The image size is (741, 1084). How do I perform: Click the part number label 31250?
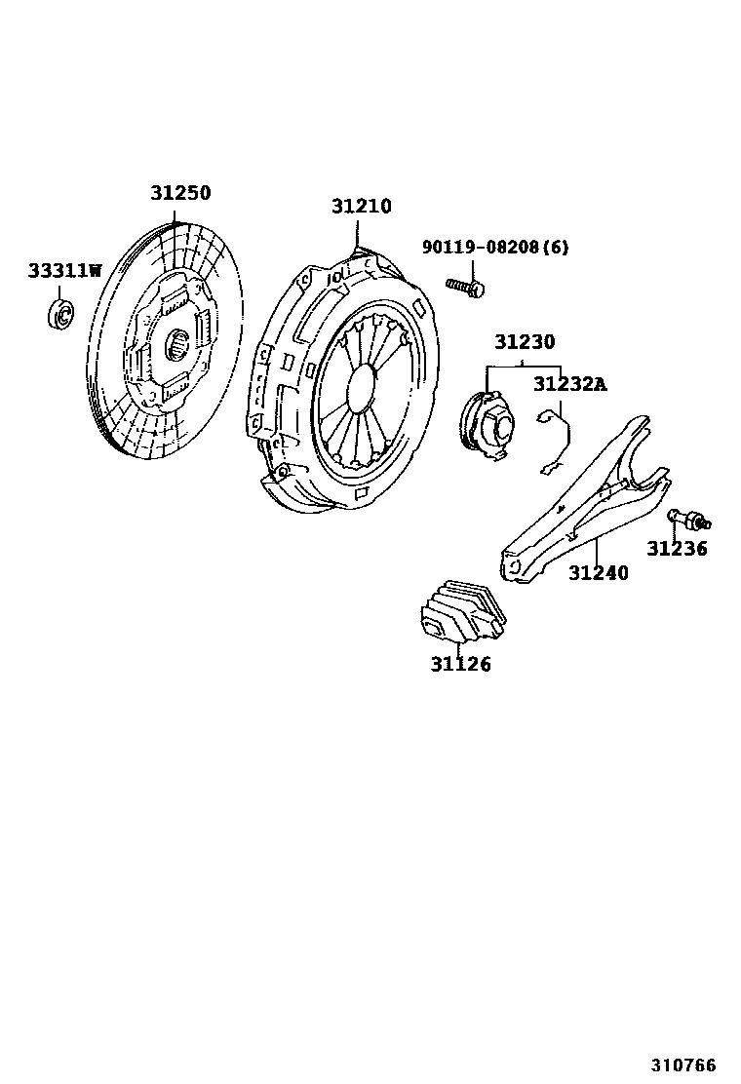[179, 193]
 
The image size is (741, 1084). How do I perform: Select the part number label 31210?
[361, 207]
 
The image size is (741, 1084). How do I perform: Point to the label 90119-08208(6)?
[494, 247]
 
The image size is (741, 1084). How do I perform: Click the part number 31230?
[524, 342]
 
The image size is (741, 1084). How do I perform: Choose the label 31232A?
[568, 384]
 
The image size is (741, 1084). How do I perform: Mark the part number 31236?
[678, 549]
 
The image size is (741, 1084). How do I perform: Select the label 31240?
[598, 573]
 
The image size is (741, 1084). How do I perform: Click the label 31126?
[460, 665]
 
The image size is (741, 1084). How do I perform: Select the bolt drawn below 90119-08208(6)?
[465, 286]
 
